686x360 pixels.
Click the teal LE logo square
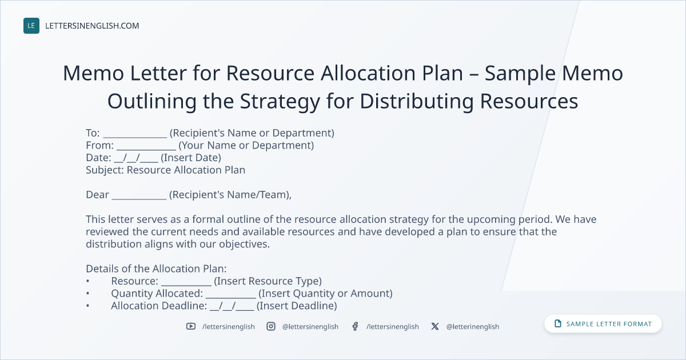point(31,26)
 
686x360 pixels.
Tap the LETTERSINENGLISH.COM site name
point(92,26)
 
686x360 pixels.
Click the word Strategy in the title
point(280,102)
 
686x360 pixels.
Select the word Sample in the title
point(520,74)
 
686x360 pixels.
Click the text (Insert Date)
point(191,158)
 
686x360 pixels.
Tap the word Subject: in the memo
point(105,170)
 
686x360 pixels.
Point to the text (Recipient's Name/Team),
point(230,195)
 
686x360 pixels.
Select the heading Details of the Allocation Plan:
point(156,269)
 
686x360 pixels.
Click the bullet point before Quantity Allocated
point(87,294)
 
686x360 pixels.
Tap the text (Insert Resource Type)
point(268,281)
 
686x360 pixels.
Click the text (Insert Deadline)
point(297,306)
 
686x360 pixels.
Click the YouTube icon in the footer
point(191,326)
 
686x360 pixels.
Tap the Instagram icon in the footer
point(271,326)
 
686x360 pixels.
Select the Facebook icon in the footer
point(355,326)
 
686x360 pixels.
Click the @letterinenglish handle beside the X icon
point(473,327)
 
